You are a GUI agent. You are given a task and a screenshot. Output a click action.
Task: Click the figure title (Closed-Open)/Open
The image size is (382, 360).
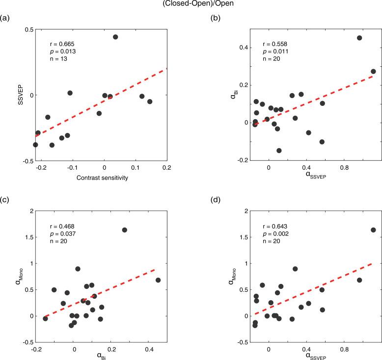(x=191, y=4)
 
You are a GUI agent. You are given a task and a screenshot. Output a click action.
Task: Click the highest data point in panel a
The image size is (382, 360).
(x=115, y=37)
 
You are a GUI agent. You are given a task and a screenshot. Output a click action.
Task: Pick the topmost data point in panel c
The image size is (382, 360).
(x=124, y=230)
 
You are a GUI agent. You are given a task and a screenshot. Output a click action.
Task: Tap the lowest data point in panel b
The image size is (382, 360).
(x=279, y=151)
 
